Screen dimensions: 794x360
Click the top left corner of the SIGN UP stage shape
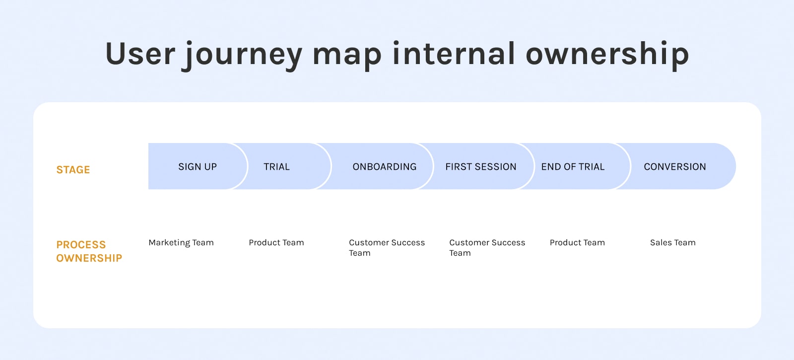148,144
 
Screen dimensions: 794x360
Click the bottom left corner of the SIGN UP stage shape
148,189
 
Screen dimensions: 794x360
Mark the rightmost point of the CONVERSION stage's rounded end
736,166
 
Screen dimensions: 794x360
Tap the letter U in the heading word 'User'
117,54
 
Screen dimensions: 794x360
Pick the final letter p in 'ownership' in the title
679,58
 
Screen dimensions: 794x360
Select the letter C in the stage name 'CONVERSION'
647,167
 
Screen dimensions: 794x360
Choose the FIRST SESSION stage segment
477,166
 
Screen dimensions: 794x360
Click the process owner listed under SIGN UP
181,243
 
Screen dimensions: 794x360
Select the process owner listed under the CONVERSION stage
673,243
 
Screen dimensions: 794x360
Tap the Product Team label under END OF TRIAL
577,243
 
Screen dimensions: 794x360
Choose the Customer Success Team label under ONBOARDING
387,248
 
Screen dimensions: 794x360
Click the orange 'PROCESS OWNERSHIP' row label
89,251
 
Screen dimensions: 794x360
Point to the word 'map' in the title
346,57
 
